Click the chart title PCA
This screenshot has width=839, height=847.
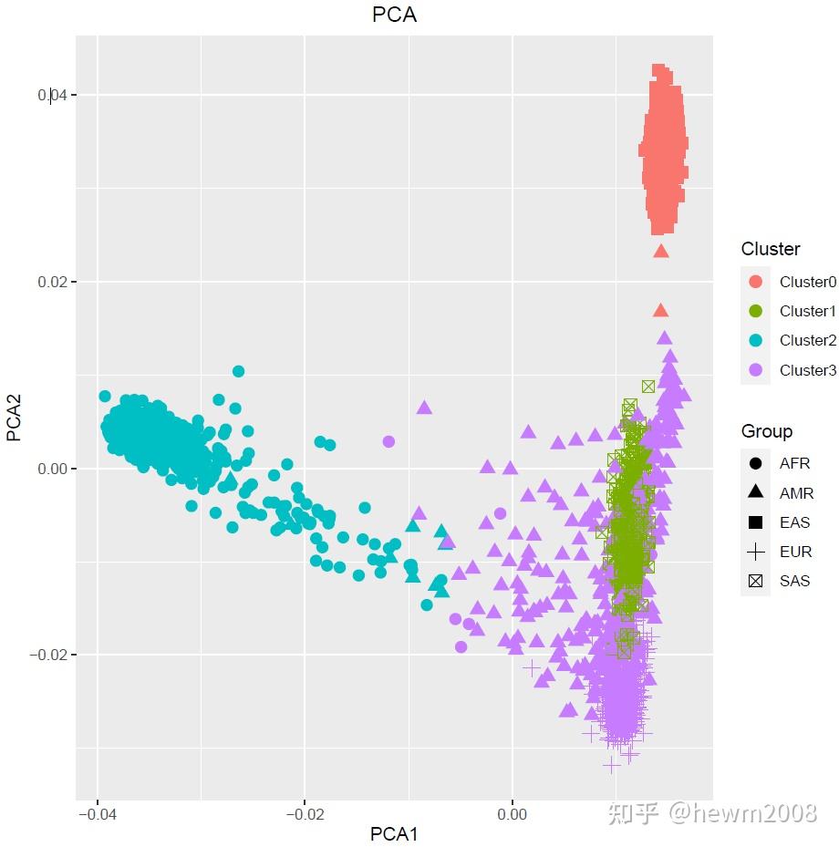394,15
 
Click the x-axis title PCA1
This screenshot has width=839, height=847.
394,833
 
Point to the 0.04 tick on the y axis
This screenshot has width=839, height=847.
52,95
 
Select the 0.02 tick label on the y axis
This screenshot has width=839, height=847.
52,282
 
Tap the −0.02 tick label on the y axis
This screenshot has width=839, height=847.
47,655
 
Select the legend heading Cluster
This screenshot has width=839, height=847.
771,249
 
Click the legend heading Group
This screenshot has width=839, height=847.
767,431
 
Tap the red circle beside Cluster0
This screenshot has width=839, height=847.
755,282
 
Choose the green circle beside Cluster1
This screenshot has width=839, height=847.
755,311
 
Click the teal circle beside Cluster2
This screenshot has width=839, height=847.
755,340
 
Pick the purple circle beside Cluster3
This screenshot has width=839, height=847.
755,369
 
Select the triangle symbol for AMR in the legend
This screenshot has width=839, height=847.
755,492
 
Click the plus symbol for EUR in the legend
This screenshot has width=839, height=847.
755,551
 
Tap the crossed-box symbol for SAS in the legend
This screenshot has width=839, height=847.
755,580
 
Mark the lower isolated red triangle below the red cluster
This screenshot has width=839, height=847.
661,310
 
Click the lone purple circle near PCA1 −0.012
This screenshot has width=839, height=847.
388,441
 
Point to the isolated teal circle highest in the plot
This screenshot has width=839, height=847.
238,371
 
